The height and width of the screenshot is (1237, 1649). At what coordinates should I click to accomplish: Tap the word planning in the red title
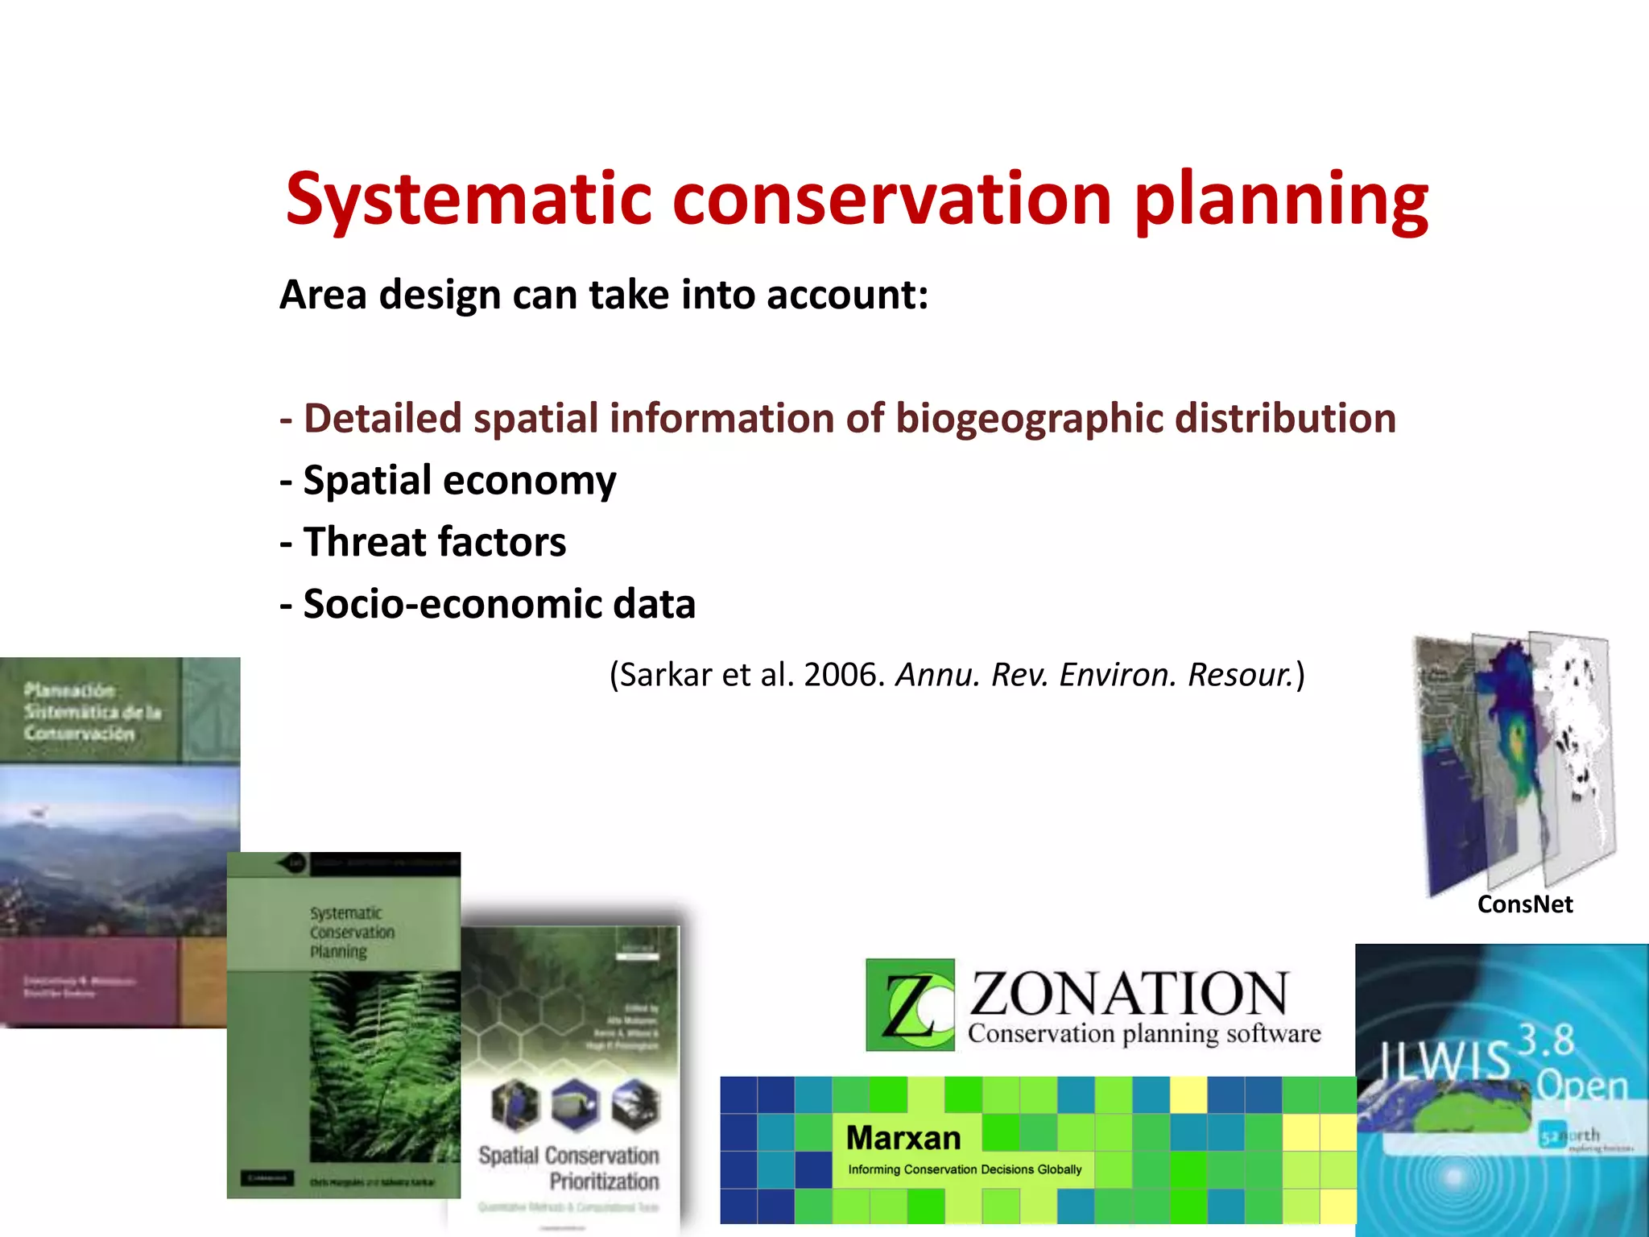[1280, 200]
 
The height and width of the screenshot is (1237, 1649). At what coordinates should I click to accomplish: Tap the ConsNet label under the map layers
[1524, 904]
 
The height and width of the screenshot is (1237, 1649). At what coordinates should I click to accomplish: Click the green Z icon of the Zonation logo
[910, 1004]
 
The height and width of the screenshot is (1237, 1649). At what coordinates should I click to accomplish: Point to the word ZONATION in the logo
[1129, 994]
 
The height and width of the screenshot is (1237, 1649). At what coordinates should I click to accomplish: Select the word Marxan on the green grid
[903, 1138]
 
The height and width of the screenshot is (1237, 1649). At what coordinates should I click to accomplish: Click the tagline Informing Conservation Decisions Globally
[965, 1169]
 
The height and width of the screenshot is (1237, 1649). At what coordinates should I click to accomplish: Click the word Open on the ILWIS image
[1581, 1086]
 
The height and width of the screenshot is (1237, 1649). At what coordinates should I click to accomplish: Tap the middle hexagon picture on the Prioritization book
[575, 1104]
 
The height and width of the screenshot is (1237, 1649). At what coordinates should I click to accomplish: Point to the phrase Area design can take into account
[604, 295]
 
